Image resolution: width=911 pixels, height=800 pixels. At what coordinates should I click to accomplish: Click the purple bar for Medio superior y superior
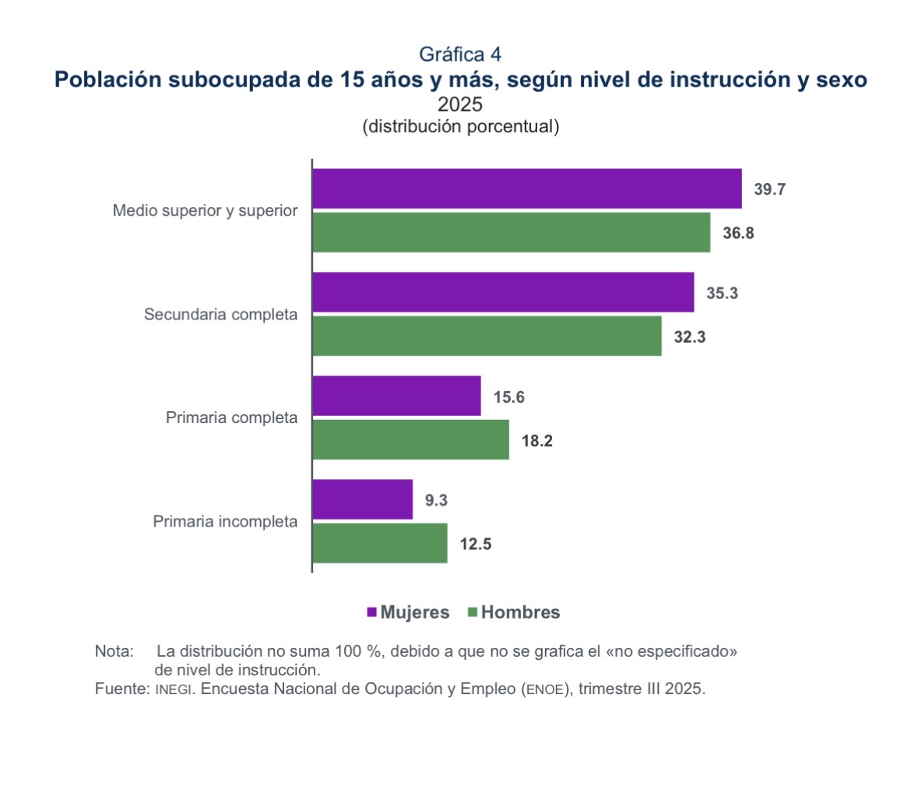pyautogui.click(x=527, y=189)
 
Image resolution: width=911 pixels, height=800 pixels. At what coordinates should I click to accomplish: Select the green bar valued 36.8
pyautogui.click(x=512, y=232)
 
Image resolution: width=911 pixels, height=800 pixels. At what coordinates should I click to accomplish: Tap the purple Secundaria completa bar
pyautogui.click(x=503, y=292)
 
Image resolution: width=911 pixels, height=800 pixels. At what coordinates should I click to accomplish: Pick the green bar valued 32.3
pyautogui.click(x=487, y=336)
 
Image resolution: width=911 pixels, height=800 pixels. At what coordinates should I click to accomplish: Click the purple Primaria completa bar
pyautogui.click(x=396, y=396)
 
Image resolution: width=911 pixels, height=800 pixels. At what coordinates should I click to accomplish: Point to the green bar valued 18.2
pyautogui.click(x=410, y=439)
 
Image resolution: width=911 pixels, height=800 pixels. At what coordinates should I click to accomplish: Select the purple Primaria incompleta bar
pyautogui.click(x=362, y=499)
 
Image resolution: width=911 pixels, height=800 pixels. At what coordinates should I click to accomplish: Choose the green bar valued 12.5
pyautogui.click(x=380, y=543)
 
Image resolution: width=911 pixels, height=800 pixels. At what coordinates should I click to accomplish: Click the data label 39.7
pyautogui.click(x=769, y=189)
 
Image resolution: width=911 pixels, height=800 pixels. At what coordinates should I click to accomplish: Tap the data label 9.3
pyautogui.click(x=436, y=501)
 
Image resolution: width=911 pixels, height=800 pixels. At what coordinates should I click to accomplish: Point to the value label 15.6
pyautogui.click(x=508, y=397)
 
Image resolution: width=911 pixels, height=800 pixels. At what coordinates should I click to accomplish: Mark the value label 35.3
pyautogui.click(x=721, y=293)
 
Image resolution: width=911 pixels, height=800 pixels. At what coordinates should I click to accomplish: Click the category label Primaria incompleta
pyautogui.click(x=225, y=521)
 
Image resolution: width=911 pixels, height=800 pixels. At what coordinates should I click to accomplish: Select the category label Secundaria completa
pyautogui.click(x=221, y=315)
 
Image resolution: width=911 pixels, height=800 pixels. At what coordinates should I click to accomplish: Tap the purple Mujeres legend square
pyautogui.click(x=371, y=612)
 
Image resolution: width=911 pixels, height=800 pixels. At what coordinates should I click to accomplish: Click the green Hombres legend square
pyautogui.click(x=472, y=612)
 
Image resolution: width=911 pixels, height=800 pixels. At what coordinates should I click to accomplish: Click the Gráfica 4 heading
pyautogui.click(x=459, y=54)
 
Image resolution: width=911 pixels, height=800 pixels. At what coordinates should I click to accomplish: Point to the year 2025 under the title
pyautogui.click(x=459, y=104)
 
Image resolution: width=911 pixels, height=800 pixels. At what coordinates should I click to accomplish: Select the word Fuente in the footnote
pyautogui.click(x=119, y=689)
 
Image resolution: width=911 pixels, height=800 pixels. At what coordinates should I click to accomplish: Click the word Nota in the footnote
pyautogui.click(x=114, y=650)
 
